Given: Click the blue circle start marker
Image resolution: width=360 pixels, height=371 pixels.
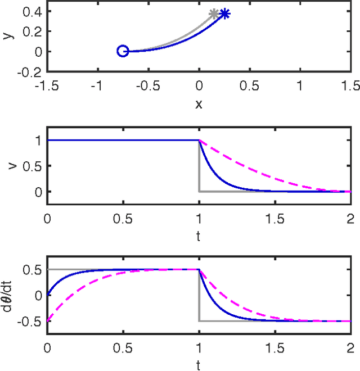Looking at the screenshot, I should coord(123,51).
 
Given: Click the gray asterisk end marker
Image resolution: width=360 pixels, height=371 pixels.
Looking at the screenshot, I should coord(214,13).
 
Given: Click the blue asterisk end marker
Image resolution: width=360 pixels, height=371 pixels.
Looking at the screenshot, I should coord(224,13).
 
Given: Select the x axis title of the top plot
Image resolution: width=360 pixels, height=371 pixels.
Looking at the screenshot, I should coord(199,105).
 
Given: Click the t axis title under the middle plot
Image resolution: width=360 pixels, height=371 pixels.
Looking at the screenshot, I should coord(199,236).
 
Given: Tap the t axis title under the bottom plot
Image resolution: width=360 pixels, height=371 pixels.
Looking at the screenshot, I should coord(199,365).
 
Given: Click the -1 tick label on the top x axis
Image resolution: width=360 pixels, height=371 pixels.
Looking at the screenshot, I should coord(97,85).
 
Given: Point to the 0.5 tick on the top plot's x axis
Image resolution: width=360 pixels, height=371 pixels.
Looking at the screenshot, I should coord(249,85).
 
